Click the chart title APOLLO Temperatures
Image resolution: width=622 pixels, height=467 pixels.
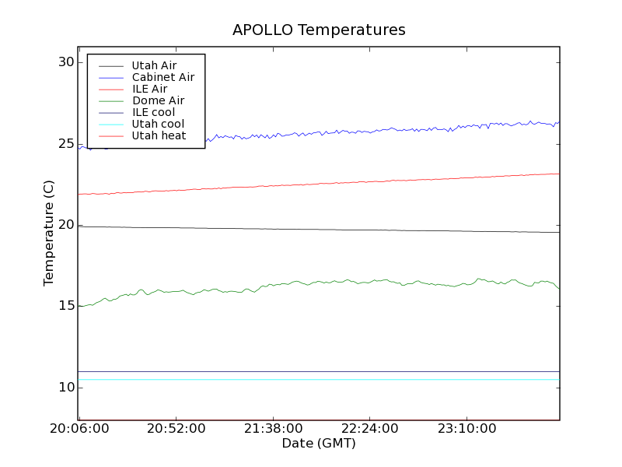[319, 30]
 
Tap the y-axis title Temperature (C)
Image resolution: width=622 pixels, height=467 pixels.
[49, 233]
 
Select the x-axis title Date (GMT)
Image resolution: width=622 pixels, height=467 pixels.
[319, 443]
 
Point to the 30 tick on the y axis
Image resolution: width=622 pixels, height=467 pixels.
[65, 62]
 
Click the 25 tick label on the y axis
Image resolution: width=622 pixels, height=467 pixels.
[65, 144]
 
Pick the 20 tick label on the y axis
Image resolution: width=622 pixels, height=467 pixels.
[65, 225]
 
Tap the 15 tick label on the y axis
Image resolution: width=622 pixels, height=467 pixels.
[65, 306]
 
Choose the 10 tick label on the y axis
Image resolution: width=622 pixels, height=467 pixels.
[65, 388]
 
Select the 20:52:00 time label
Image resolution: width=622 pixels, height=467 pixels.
[176, 429]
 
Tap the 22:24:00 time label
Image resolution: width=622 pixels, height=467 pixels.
[369, 429]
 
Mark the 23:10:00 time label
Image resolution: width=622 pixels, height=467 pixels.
[466, 429]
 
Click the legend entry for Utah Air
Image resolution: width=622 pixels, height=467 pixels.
[154, 65]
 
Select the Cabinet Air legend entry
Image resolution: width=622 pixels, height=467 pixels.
[162, 77]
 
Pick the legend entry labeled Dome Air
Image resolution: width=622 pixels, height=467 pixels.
[158, 100]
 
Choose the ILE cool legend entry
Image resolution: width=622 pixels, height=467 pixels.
[153, 112]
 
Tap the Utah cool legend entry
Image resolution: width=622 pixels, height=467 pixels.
[158, 124]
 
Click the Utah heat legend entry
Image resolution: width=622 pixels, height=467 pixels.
[159, 135]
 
